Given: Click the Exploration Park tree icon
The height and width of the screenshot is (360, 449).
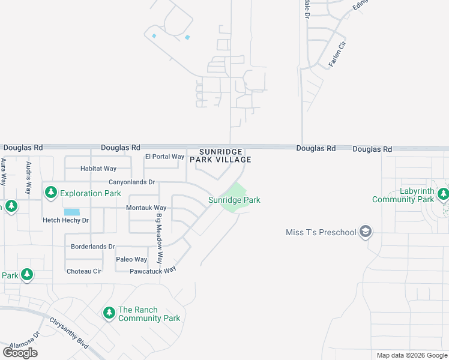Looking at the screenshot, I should click(x=51, y=193).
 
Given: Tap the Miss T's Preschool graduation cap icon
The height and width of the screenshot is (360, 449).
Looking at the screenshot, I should click(x=365, y=232).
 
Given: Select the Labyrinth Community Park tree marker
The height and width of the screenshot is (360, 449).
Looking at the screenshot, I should click(x=443, y=194).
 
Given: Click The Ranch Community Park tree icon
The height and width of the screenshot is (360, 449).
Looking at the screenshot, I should click(x=109, y=313).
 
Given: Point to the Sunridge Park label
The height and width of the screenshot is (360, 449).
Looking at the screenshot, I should click(x=234, y=200).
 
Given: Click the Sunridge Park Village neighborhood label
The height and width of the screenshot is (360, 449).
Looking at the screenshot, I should click(x=220, y=155).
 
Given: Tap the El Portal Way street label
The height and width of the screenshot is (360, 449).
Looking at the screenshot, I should click(x=164, y=157).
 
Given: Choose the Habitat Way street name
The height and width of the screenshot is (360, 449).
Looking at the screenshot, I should click(x=98, y=169).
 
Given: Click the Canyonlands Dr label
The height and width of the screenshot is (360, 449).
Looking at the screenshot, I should click(x=131, y=182).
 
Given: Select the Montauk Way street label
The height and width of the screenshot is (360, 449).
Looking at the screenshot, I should click(x=146, y=208).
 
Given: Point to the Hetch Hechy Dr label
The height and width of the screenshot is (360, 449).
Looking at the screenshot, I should click(x=65, y=220).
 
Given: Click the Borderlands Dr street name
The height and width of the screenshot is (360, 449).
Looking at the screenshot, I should click(x=92, y=246).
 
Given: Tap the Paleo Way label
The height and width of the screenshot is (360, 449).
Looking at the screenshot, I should click(x=131, y=259).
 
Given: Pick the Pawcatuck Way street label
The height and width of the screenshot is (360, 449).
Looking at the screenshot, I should click(x=152, y=271).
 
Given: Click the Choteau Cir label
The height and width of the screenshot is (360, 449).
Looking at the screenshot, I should click(x=84, y=271).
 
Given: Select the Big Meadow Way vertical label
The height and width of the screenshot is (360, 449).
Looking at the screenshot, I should click(x=160, y=239).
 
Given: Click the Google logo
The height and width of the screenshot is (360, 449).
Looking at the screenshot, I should click(x=20, y=353).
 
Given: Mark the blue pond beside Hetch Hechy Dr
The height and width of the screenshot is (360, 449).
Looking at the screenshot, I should click(x=71, y=212).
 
